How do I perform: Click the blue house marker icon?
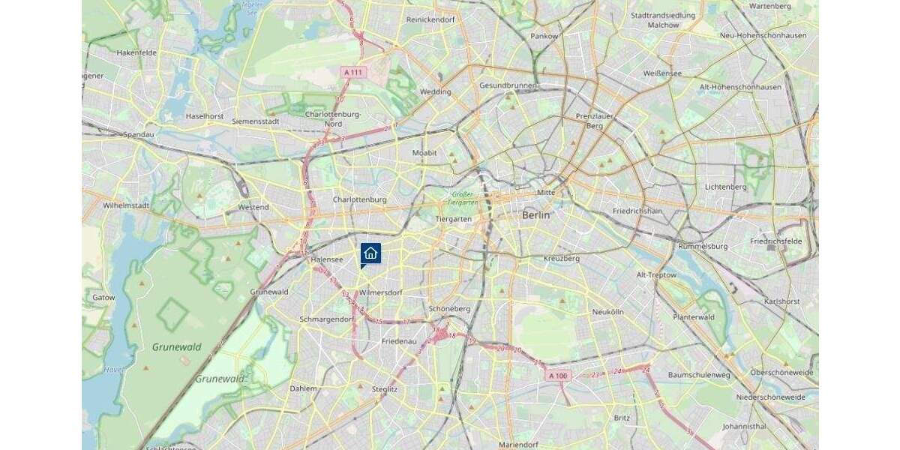coord(370,253)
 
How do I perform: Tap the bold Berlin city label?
coord(536,215)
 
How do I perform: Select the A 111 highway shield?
coord(352,72)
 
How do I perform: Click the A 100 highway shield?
coord(558,376)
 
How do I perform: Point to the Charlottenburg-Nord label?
coord(334,118)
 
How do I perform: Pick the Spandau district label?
coord(139,135)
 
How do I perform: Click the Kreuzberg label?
coord(562,259)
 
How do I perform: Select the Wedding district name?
coord(436,92)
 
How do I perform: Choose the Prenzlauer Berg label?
coord(589,121)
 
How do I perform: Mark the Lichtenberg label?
coord(726,187)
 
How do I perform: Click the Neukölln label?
coord(607,311)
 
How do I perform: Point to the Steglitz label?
coord(385,389)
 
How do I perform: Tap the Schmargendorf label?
coord(326,319)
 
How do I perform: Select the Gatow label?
coord(103,298)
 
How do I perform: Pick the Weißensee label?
coord(662,73)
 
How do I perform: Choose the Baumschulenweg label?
coord(698,375)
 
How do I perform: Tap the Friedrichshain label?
coord(637,211)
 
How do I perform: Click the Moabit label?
coord(424,153)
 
